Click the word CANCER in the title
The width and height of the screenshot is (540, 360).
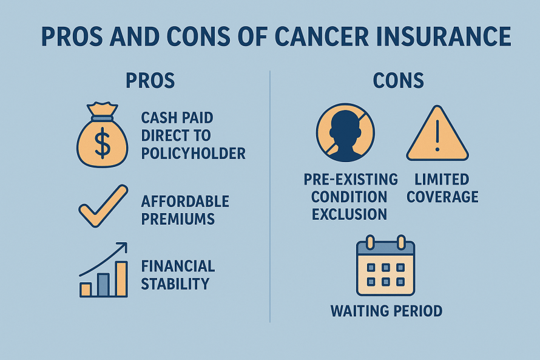322,36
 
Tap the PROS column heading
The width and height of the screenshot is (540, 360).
150,81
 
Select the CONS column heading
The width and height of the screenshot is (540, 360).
398,81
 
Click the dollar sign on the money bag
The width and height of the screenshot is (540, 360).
103,143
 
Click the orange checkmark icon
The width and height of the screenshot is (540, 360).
103,206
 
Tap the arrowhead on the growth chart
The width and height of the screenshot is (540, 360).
122,247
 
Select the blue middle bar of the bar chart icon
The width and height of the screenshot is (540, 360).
103,285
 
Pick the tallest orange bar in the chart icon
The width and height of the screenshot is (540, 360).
121,279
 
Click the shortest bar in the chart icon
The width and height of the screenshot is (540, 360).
86,290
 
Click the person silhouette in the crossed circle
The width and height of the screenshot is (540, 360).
345,135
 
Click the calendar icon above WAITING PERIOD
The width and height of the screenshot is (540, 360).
386,265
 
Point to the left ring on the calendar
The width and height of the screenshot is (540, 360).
370,242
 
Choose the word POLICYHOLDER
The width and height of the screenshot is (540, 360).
193,154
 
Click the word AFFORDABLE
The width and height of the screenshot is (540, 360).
185,202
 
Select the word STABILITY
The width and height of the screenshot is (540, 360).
175,284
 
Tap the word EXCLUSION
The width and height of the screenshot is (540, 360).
349,214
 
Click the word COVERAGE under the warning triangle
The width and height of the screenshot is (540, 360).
442,197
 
